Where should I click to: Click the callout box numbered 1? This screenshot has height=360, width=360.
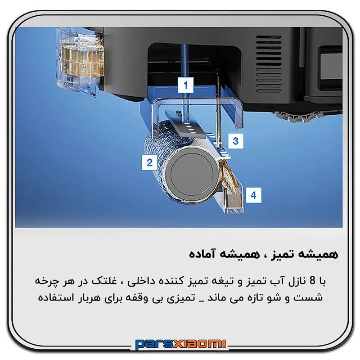185,85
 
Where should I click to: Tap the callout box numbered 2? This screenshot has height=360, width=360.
149,162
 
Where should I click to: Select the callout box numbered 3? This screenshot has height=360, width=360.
235,141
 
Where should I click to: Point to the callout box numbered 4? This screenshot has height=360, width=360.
253,195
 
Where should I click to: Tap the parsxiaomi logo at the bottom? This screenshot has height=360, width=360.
180,344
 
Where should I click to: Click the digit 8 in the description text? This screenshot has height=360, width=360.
312,281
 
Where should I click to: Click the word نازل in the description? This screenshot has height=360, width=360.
296,281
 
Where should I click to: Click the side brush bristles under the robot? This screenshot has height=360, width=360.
296,117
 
